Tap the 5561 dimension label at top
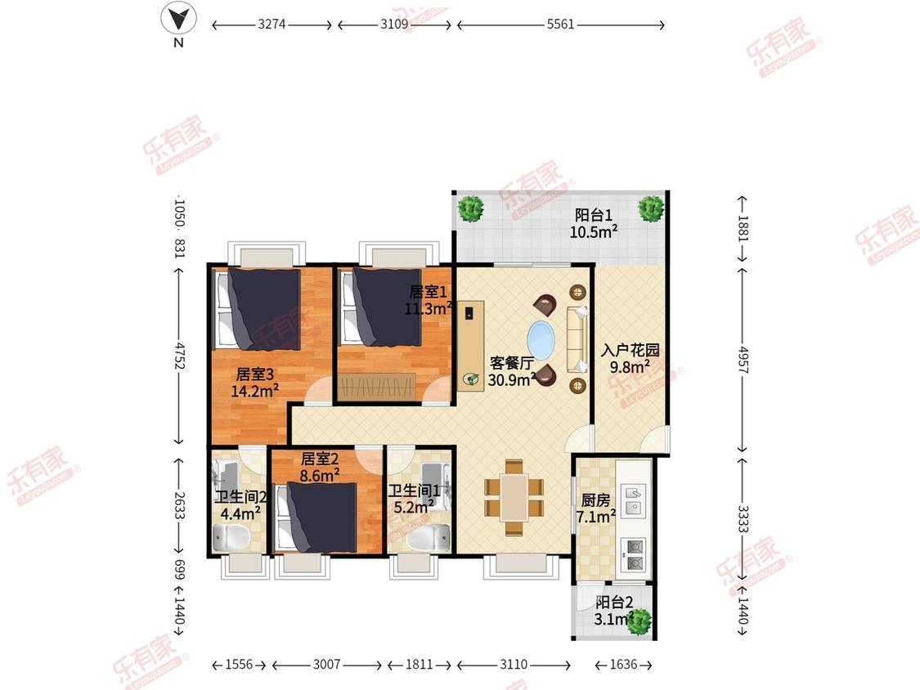pos(560,24)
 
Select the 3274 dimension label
pos(272,24)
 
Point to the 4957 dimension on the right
pos(743,361)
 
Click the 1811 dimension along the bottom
pos(419,664)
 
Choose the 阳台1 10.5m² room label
pos(593,223)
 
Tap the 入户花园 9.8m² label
pos(631,359)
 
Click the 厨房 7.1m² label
pos(595,509)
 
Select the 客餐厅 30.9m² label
pos(512,371)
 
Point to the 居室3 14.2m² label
pos(254,383)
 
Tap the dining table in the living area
pos(514,498)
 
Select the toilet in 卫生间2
pos(231,538)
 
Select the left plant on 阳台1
pos(470,208)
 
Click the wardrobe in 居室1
pos(377,387)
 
